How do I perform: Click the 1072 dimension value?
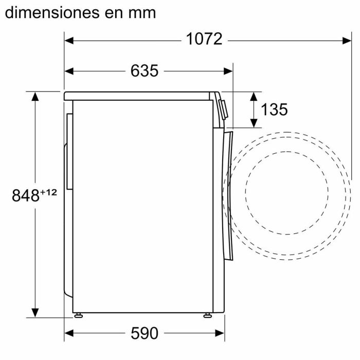pyautogui.click(x=204, y=39)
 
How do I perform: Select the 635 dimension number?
pyautogui.click(x=144, y=71)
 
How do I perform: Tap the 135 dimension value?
pyautogui.click(x=274, y=109)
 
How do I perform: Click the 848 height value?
pyautogui.click(x=26, y=195)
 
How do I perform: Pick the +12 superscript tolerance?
pyautogui.click(x=48, y=192)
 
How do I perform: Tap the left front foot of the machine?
pyautogui.click(x=77, y=314)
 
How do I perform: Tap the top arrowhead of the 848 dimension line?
pyautogui.click(x=35, y=96)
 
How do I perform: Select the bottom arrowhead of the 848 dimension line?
pyautogui.click(x=35, y=312)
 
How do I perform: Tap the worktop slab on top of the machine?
pyautogui.click(x=139, y=96)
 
